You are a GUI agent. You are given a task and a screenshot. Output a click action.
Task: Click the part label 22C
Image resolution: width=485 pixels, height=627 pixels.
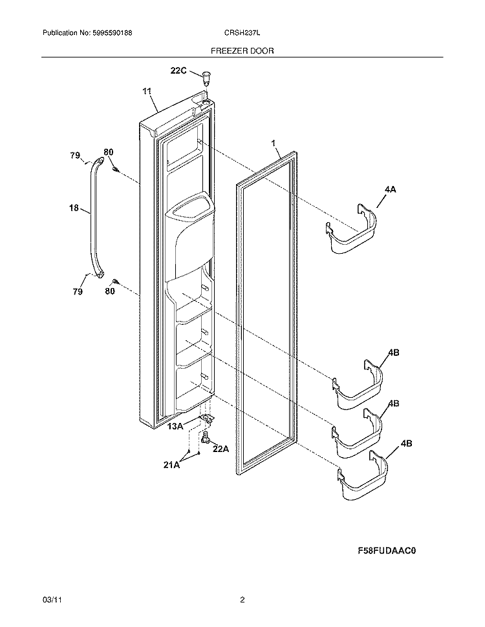coord(178,71)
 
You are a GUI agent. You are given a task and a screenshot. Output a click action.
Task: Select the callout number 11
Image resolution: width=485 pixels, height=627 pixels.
coord(147,92)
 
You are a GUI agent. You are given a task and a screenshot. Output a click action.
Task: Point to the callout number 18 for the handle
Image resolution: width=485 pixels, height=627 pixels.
coord(73,208)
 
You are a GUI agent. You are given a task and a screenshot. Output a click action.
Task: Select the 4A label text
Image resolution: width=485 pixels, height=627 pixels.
coord(389,189)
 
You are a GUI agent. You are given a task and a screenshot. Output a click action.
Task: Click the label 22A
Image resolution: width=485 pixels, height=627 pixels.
coord(221,449)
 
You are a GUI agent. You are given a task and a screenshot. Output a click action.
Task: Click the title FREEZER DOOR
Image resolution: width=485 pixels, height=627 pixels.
coord(242,50)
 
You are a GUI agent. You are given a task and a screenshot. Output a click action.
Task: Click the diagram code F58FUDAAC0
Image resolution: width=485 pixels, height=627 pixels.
coord(386,551)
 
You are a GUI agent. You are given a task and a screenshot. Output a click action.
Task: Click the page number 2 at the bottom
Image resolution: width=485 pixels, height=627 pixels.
coord(242,600)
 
